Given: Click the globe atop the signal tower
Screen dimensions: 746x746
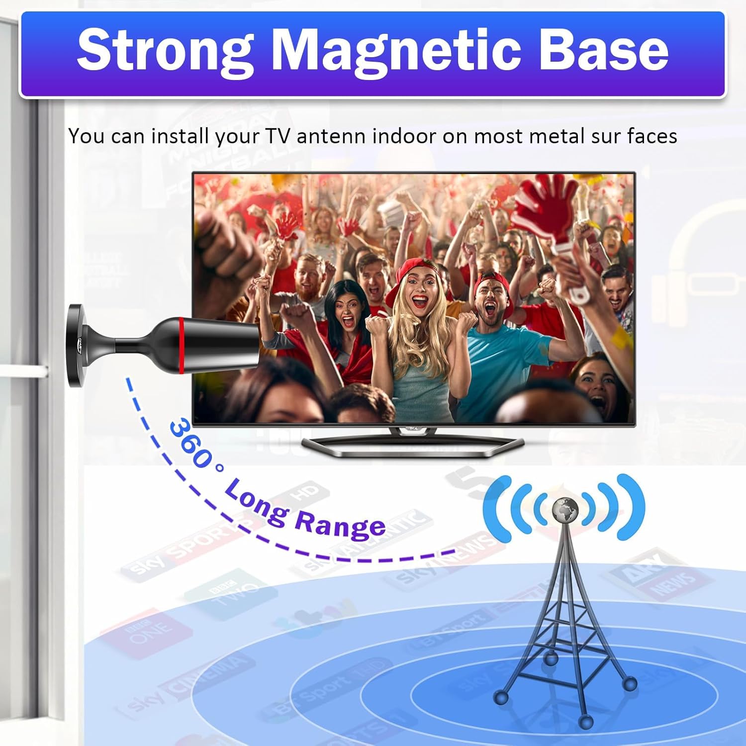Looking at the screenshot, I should [565, 509].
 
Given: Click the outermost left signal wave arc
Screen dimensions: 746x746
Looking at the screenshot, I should [495, 507].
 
